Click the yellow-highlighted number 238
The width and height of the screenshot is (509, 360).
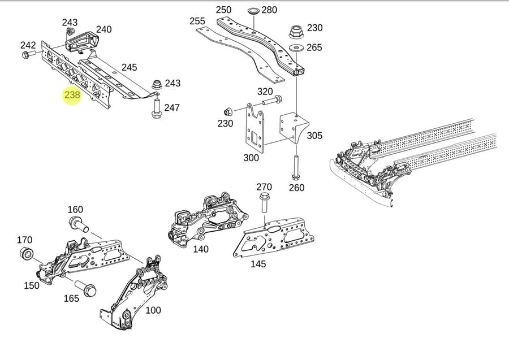[72, 95]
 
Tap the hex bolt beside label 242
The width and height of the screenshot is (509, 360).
[27, 55]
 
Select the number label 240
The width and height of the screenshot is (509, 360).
[104, 29]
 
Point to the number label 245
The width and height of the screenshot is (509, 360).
[130, 67]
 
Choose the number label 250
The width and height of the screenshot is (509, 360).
[224, 10]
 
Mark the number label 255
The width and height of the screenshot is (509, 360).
[197, 21]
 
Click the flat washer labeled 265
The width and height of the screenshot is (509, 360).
[295, 47]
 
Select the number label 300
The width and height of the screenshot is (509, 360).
[251, 158]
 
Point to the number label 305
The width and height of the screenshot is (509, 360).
[315, 136]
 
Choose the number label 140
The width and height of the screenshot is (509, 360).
[200, 249]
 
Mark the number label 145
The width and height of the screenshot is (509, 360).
[258, 264]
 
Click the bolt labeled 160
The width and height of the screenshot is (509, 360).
[77, 224]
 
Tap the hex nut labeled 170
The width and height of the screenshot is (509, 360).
[25, 253]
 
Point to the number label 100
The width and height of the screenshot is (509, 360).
[153, 310]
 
